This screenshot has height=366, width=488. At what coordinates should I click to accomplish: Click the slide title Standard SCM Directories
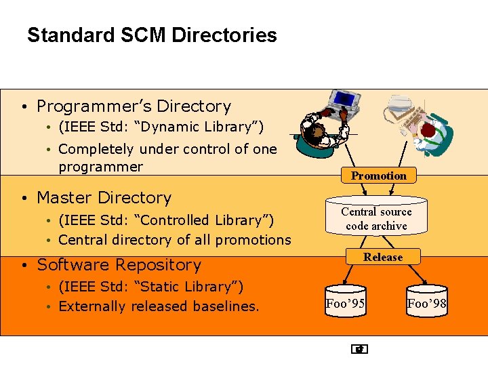[152, 35]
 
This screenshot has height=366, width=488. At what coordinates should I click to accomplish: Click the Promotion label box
[379, 176]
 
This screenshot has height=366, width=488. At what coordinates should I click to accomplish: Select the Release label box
[382, 257]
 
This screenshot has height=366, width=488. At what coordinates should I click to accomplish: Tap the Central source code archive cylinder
[376, 218]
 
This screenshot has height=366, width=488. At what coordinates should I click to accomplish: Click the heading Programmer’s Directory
[134, 106]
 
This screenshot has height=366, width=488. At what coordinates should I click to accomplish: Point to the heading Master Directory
[104, 198]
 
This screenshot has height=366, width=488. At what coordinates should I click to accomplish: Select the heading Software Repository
[119, 265]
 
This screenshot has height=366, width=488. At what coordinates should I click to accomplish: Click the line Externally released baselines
[159, 306]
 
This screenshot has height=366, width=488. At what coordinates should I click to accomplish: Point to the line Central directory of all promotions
[174, 240]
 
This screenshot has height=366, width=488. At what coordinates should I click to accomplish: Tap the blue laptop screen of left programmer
[344, 100]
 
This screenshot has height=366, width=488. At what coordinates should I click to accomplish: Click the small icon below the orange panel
[360, 350]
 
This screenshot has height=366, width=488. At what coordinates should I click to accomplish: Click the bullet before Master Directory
[23, 199]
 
